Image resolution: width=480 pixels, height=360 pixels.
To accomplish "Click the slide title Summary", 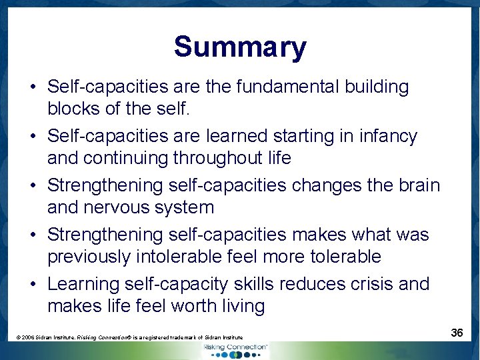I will [240, 47].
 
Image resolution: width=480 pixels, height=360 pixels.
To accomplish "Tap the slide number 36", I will [457, 332].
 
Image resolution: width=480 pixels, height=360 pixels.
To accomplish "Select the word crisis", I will [354, 284].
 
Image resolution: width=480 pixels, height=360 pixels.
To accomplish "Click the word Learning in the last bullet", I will [84, 284].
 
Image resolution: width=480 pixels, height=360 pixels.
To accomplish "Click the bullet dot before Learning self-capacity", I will [33, 285].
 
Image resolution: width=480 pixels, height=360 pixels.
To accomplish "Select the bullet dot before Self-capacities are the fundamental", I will [33, 87].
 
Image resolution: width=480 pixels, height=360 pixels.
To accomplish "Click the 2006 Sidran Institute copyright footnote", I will [129, 338].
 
